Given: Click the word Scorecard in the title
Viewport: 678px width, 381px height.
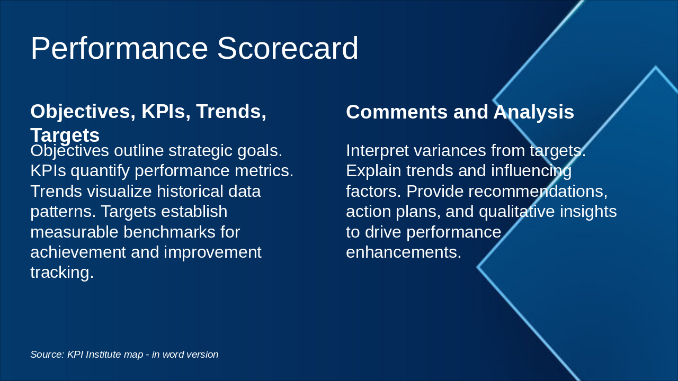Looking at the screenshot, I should [x=288, y=49].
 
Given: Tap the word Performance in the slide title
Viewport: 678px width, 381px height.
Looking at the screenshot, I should [x=119, y=49].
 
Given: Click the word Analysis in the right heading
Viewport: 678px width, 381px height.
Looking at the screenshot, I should [x=534, y=112].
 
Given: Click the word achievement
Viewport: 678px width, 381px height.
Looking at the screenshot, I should [x=78, y=252].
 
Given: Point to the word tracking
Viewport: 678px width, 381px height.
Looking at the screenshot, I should [x=61, y=272].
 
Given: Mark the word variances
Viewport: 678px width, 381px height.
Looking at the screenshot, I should [x=450, y=151].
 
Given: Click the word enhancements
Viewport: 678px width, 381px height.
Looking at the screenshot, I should [x=404, y=252].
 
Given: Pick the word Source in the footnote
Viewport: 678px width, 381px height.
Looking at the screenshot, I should [x=47, y=355].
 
